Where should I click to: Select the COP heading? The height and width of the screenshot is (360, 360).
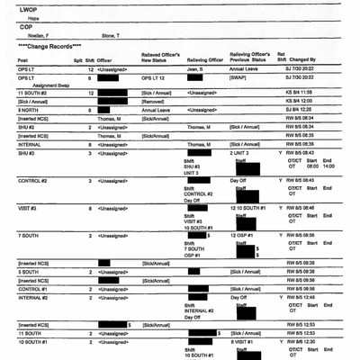pos(25,26)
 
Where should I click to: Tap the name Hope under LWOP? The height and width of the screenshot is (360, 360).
pos(31,16)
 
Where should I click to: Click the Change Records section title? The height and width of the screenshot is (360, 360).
pos(54,44)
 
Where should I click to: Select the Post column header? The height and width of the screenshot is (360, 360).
pos(22,60)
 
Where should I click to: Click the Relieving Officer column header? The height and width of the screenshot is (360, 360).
pos(204,60)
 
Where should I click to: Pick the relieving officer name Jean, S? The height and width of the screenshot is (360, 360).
pos(197,69)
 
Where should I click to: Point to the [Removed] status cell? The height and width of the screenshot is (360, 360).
pos(155,101)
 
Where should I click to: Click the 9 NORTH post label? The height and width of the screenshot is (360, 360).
pos(30,109)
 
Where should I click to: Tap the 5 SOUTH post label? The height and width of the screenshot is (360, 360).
pos(28,271)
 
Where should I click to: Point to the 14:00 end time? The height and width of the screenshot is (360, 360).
pos(328,166)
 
